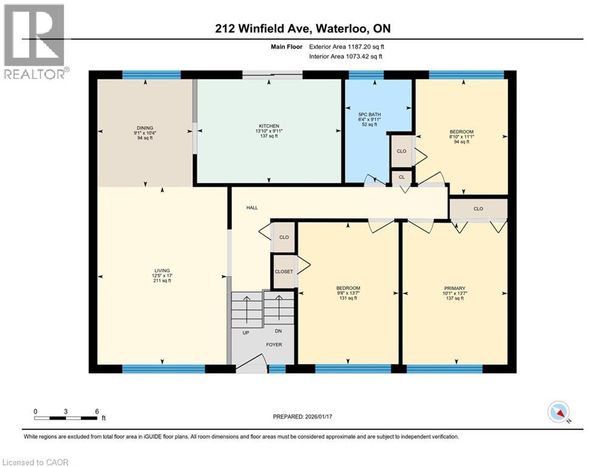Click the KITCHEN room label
[x=268, y=126]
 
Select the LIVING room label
[x=162, y=271]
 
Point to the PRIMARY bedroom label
[x=454, y=288]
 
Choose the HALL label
[x=252, y=208]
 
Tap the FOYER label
[x=274, y=344]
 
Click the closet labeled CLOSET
[x=283, y=272]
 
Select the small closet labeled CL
[x=401, y=177]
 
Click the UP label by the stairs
[x=246, y=332]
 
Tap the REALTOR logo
[x=35, y=41]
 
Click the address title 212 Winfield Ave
[x=302, y=29]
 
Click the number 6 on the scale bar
[x=96, y=410]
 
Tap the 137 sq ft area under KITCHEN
[x=268, y=136]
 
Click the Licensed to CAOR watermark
[x=36, y=462]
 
